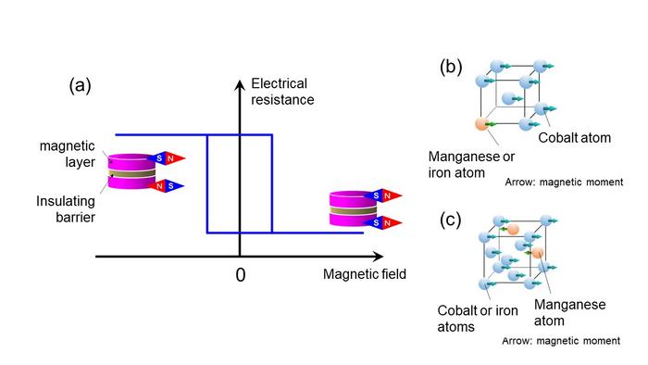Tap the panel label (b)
pos(452,69)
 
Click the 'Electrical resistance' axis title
pos(280,90)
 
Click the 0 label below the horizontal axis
pos(240,275)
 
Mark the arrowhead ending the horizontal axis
pos(381,257)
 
